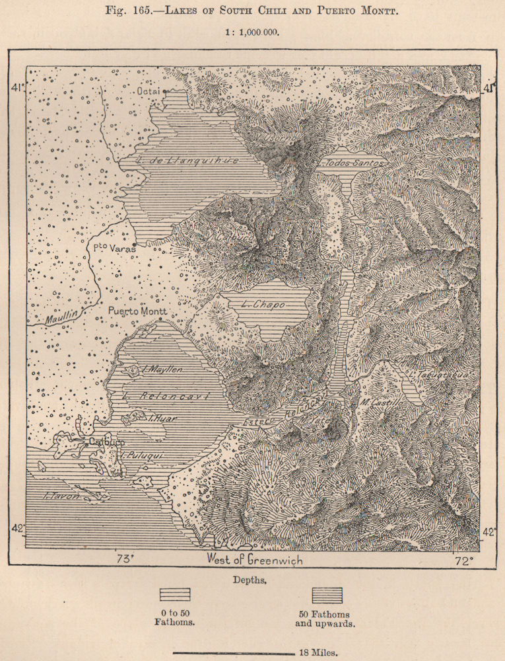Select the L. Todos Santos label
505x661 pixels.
pos(351,163)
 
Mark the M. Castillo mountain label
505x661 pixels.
pos(382,401)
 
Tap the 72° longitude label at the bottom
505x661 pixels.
pos(463,561)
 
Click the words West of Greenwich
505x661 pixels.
pos(255,561)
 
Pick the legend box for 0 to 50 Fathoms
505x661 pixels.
pos(174,595)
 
